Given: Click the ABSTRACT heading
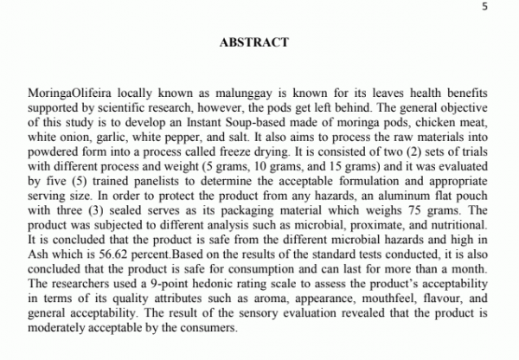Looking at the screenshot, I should tap(253, 42).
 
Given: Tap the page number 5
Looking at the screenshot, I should tap(484, 7).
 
